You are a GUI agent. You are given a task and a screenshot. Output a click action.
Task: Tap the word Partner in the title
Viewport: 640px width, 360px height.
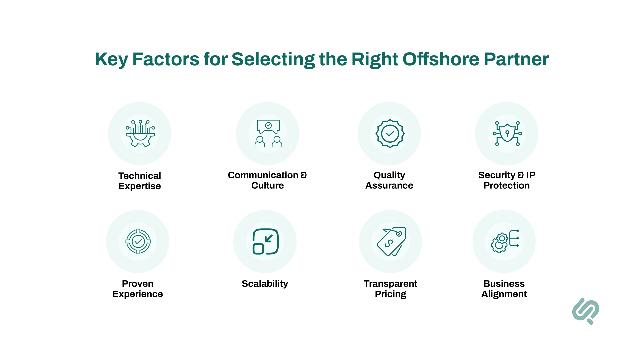click(516, 59)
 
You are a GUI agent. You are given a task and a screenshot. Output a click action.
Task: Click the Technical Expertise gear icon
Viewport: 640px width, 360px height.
click(140, 134)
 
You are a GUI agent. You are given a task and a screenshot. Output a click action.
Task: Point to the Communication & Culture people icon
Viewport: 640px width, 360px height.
click(268, 134)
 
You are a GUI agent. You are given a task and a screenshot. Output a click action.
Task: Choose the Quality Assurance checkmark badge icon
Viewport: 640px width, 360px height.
click(390, 134)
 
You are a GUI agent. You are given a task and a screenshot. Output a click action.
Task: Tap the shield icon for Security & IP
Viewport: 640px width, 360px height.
click(507, 134)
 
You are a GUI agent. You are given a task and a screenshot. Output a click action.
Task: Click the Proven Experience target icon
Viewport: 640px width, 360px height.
click(138, 241)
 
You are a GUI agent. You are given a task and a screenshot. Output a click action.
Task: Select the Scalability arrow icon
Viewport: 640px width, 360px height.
click(265, 241)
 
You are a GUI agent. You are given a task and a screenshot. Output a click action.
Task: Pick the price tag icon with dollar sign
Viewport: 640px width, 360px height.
click(391, 241)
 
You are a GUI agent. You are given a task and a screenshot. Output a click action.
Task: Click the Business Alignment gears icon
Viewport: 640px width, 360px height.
click(504, 241)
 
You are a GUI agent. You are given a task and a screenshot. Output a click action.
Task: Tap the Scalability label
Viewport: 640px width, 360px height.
click(265, 284)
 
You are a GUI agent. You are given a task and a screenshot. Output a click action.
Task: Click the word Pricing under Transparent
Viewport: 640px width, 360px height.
click(391, 294)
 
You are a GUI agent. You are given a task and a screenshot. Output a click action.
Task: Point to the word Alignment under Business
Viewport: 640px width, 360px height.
click(504, 294)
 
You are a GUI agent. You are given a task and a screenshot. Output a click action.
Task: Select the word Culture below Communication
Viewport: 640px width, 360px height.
click(268, 186)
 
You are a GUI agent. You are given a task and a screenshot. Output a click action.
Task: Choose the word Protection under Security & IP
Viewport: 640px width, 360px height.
click(507, 186)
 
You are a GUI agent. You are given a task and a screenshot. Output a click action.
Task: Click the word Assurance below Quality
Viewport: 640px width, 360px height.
click(389, 186)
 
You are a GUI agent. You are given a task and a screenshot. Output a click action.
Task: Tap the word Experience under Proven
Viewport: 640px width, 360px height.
click(138, 294)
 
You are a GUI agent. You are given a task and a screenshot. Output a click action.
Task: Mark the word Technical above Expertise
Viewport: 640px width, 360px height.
click(140, 176)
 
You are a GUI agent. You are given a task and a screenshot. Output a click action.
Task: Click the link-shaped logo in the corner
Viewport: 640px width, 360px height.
click(586, 311)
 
